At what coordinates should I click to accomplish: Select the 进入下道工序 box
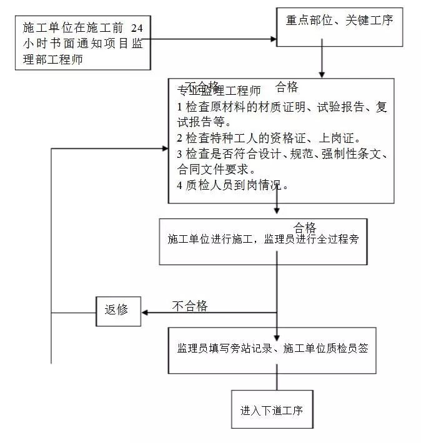tap(271, 410)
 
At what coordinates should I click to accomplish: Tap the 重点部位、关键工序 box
tap(340, 21)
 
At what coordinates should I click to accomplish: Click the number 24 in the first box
tap(141, 28)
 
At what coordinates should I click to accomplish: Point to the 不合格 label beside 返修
tap(190, 306)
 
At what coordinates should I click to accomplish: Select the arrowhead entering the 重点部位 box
tap(272, 39)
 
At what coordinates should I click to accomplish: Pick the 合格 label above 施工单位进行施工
tap(305, 227)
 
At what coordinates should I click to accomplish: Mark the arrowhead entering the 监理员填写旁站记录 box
tap(277, 324)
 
